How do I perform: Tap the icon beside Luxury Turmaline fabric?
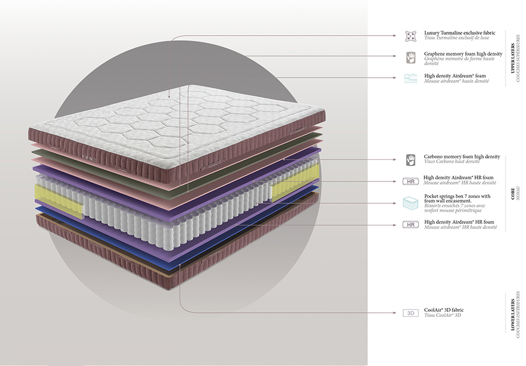[x=410, y=36]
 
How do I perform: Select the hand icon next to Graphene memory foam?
[x=410, y=57]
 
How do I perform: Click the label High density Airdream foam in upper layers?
[x=455, y=76]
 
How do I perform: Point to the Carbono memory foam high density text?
[x=462, y=156]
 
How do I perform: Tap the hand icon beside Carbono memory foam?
[x=410, y=159]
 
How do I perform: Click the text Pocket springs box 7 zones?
[x=457, y=197]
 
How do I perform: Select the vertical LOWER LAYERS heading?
[x=513, y=315]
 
